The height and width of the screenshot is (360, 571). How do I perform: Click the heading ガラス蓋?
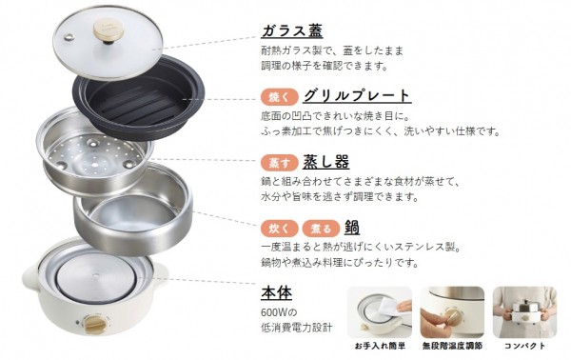(292, 30)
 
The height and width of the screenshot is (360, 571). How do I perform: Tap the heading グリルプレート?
(357, 96)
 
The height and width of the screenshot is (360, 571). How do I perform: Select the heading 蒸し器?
(325, 162)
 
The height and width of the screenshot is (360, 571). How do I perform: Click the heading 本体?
(276, 292)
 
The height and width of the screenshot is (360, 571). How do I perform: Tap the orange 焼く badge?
(279, 97)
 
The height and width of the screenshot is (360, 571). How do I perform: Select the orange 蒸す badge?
(279, 163)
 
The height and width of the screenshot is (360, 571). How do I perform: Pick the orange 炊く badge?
(279, 229)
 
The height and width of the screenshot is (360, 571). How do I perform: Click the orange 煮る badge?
(321, 229)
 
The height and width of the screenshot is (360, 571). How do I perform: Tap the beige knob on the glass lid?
(108, 30)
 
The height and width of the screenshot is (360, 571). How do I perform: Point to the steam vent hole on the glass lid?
(69, 37)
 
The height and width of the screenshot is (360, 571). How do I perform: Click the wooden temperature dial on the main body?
(94, 324)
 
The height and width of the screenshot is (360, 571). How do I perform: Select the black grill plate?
(139, 98)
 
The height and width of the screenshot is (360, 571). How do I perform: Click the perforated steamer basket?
(95, 151)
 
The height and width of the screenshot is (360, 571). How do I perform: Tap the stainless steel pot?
(133, 210)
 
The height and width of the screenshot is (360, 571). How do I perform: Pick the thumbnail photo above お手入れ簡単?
(380, 312)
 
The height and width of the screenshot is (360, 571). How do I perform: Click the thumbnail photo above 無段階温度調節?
(452, 312)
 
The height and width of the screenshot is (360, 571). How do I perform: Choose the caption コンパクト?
(524, 346)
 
